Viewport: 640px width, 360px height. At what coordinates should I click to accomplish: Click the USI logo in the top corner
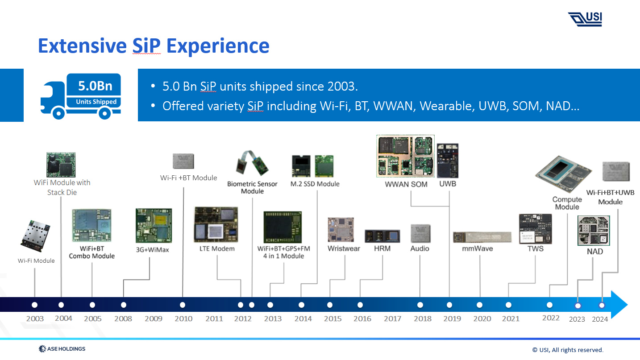tap(585, 19)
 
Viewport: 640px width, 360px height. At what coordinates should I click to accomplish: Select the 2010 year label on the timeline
tap(183, 319)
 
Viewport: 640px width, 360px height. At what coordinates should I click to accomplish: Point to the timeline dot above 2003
tap(35, 305)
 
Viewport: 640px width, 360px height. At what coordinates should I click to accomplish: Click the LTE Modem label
tap(217, 248)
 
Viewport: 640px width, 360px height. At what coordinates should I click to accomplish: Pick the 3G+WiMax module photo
tap(153, 226)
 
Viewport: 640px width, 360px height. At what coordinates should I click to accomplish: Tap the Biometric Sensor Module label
tap(252, 187)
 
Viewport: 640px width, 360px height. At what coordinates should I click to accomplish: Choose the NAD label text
tap(594, 252)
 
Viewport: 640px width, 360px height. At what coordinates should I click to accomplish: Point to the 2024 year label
tap(600, 319)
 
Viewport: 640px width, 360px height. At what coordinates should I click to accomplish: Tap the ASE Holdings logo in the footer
tap(62, 349)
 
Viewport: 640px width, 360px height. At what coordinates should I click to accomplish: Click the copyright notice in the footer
tap(567, 350)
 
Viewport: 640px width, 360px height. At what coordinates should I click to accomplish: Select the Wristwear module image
tap(341, 230)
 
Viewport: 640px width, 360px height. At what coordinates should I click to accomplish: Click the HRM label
tap(382, 248)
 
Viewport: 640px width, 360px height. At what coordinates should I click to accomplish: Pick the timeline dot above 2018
tap(420, 305)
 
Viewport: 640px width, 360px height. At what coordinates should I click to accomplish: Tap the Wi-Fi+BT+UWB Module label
tap(610, 197)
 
